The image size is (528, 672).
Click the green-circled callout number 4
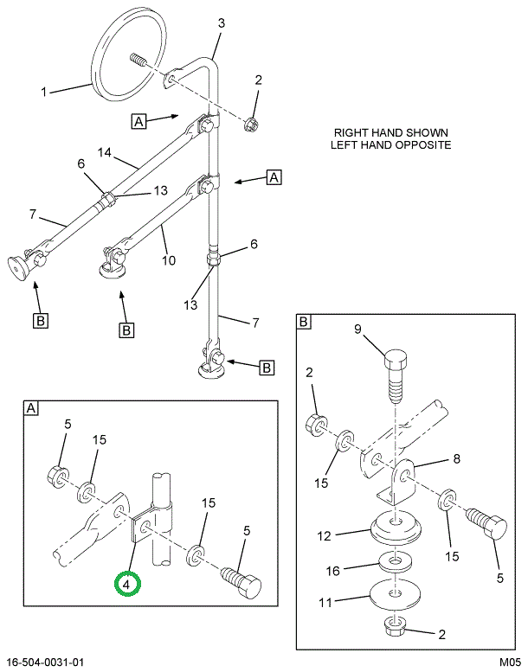[x=127, y=586]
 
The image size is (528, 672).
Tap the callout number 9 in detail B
[x=357, y=329]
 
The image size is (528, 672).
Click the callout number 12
[x=325, y=536]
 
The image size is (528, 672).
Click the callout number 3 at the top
[x=221, y=23]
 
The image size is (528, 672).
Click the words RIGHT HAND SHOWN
[x=390, y=132]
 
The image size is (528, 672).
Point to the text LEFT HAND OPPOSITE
[x=390, y=145]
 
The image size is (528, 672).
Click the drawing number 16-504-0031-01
[x=45, y=662]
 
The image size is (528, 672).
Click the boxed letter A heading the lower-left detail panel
[x=30, y=408]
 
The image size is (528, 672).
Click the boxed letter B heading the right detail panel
[x=304, y=323]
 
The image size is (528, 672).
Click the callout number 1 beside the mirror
[x=43, y=90]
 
